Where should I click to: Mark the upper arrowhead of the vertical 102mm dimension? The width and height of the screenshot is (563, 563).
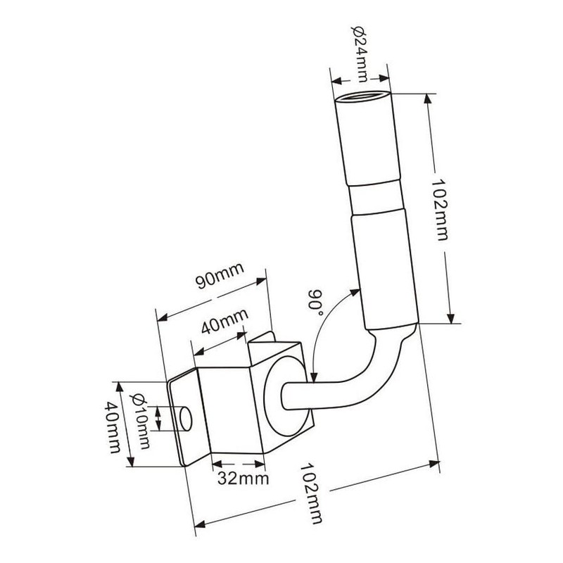427,99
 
